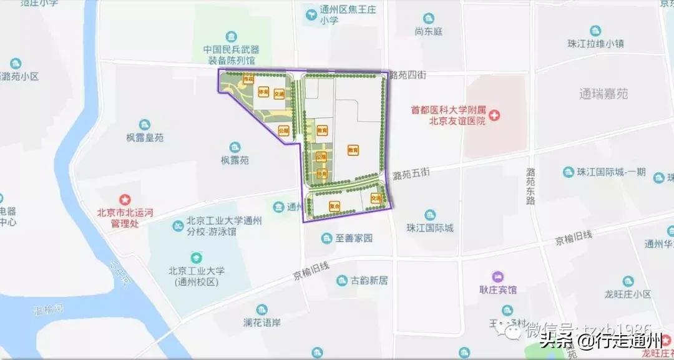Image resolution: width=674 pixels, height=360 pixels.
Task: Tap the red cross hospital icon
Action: click(x=495, y=115)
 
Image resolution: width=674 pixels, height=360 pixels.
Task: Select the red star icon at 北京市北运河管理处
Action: click(x=125, y=200)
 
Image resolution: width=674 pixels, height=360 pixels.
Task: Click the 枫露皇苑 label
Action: click(x=145, y=138)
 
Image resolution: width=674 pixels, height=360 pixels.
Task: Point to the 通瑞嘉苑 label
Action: click(x=603, y=94)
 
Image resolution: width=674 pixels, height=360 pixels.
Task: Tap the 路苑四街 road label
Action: click(x=407, y=75)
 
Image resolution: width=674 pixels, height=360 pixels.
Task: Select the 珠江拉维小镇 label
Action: click(x=596, y=44)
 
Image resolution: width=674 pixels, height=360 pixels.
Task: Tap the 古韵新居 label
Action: click(x=369, y=281)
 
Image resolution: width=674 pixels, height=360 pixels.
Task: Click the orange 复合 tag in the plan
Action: click(x=335, y=205)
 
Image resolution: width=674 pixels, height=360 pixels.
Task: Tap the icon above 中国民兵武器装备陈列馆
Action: click(x=232, y=36)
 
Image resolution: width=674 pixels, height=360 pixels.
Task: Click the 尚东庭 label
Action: click(x=428, y=31)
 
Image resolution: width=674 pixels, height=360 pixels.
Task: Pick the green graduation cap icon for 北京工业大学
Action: click(x=196, y=257)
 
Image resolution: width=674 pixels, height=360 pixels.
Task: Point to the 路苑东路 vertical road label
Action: click(x=530, y=186)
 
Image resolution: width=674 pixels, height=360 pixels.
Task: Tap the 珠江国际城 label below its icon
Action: click(x=429, y=228)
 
